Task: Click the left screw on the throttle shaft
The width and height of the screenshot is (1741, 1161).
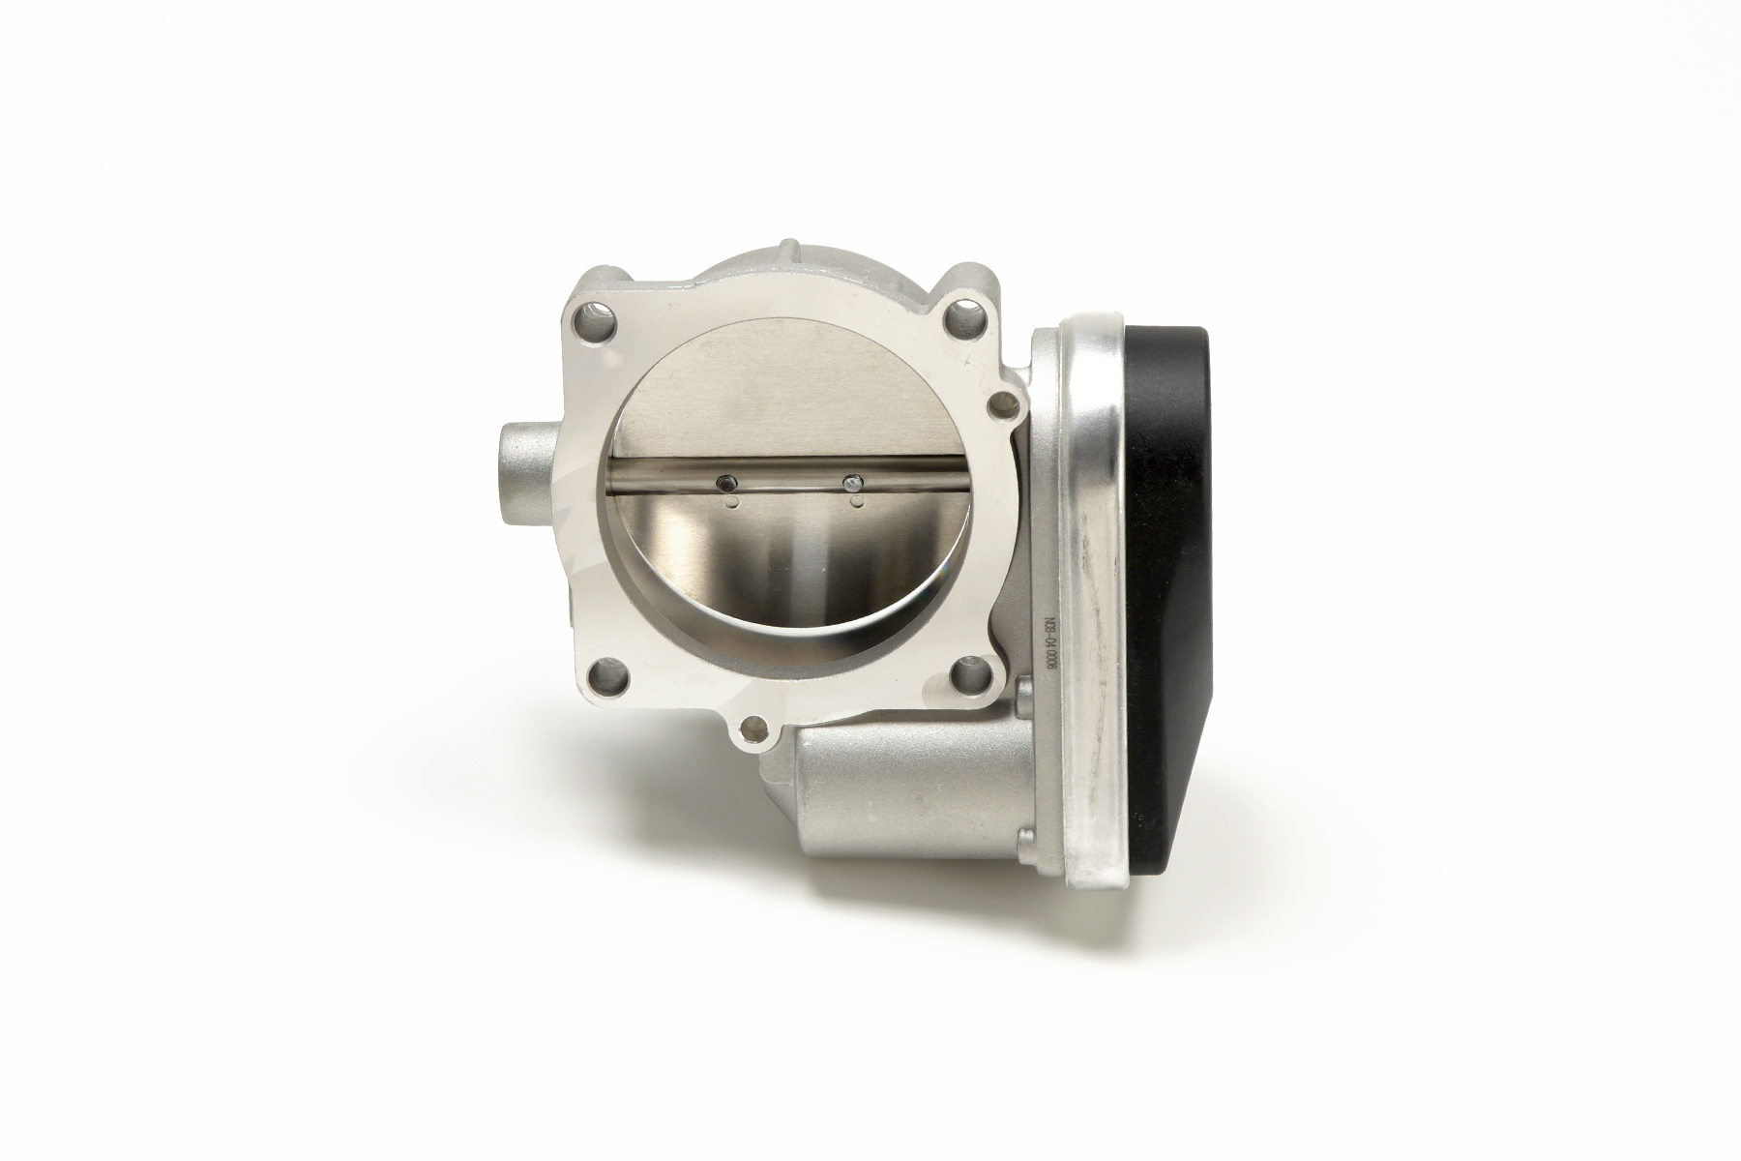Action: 723,481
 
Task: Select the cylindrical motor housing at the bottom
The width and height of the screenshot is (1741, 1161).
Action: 900,784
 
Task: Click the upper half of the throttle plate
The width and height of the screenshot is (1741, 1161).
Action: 783,406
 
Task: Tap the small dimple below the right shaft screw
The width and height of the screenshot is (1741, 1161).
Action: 855,502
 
